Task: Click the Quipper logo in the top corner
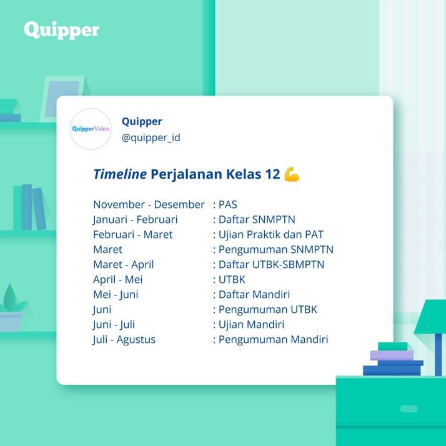click(x=61, y=30)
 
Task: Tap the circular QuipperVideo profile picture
click(x=91, y=129)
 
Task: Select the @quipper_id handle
click(x=151, y=137)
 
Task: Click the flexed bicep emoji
click(x=292, y=174)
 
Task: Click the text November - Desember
click(x=149, y=204)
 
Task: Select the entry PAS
click(x=227, y=204)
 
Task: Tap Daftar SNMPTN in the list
click(x=256, y=219)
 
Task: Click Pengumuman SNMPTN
click(x=275, y=249)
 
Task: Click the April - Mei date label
click(x=118, y=279)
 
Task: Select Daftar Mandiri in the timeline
click(x=254, y=294)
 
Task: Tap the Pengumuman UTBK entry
click(x=267, y=309)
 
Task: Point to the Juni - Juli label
click(x=114, y=324)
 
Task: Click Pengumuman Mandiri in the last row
click(x=273, y=340)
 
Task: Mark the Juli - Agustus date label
click(x=124, y=340)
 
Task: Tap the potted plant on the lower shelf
click(x=11, y=309)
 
